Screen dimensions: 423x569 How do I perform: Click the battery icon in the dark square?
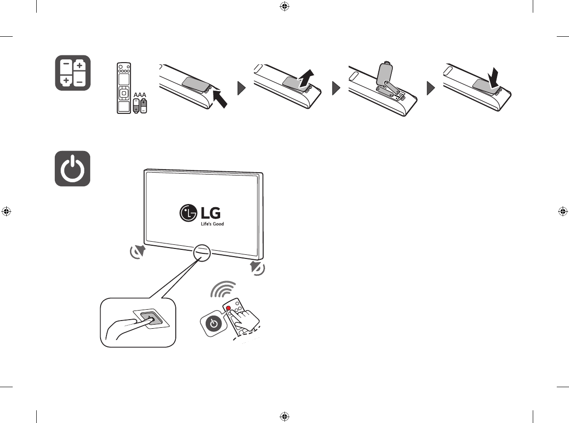(73, 73)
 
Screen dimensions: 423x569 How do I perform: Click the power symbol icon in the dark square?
(72, 169)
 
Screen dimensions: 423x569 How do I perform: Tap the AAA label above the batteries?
(140, 94)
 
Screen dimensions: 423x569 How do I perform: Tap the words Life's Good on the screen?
(212, 224)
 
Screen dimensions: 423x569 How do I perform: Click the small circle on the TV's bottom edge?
(202, 253)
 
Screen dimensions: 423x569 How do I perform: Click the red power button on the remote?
(228, 308)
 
